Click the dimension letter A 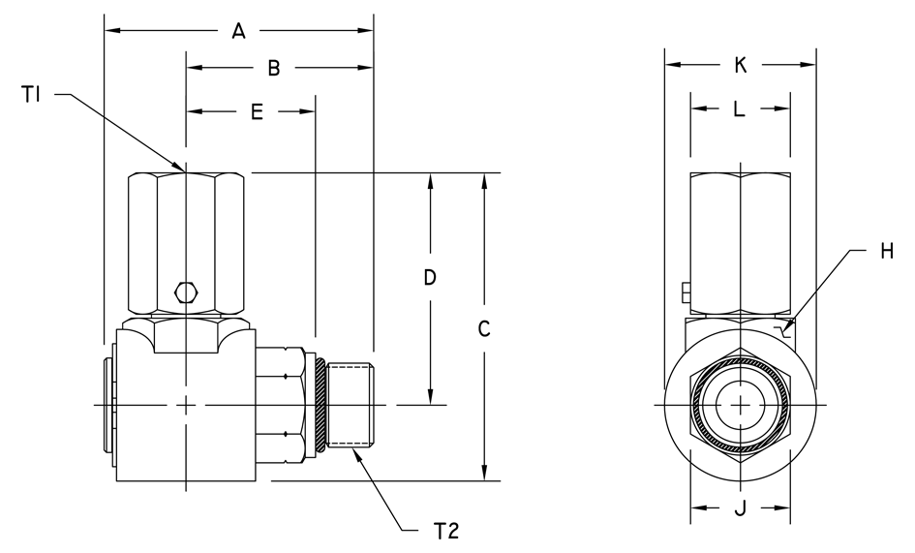tap(238, 31)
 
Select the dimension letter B tap(274, 69)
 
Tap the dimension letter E tap(257, 111)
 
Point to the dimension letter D tap(430, 278)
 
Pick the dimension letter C tap(484, 329)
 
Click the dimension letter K tap(740, 65)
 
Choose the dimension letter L tap(739, 108)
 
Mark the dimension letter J tap(740, 508)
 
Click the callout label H tap(887, 252)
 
